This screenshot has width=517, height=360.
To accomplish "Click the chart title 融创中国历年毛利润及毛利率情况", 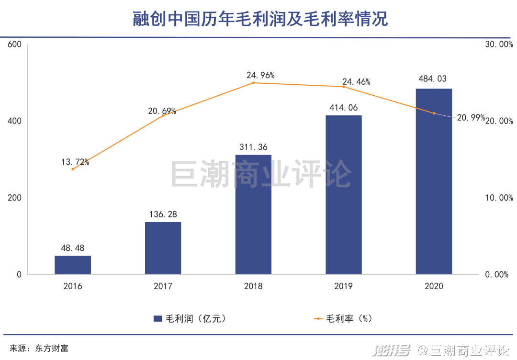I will pyautogui.click(x=259, y=19).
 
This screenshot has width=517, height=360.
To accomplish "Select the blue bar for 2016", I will pyautogui.click(x=73, y=265).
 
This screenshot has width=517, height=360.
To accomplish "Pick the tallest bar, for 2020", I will pyautogui.click(x=434, y=182).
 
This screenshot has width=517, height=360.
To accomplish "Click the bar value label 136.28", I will pyautogui.click(x=163, y=214).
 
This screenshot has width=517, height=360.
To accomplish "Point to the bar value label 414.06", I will pyautogui.click(x=343, y=108).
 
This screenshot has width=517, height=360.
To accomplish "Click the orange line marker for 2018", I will pyautogui.click(x=253, y=83).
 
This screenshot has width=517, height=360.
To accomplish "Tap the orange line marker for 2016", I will pyautogui.click(x=73, y=169).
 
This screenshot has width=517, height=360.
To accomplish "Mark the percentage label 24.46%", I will pyautogui.click(x=356, y=82).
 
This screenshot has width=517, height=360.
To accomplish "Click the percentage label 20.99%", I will pyautogui.click(x=471, y=118).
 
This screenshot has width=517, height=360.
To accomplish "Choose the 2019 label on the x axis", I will pyautogui.click(x=343, y=286).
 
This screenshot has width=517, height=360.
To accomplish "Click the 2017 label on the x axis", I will pyautogui.click(x=163, y=286).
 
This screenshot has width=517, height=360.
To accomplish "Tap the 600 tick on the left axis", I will pyautogui.click(x=15, y=45).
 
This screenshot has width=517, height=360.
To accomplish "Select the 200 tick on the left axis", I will pyautogui.click(x=15, y=198).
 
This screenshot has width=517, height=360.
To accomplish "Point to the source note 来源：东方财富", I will pyautogui.click(x=39, y=348).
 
